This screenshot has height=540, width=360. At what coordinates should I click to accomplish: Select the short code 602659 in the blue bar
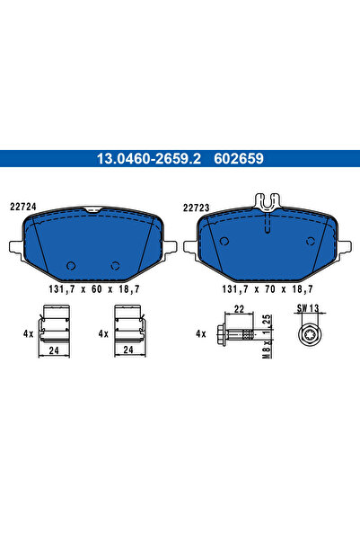(x=238, y=159)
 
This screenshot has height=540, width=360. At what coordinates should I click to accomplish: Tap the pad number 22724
(x=23, y=205)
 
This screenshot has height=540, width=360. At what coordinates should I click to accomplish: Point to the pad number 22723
(x=197, y=205)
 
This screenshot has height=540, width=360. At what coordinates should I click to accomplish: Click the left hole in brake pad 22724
(x=71, y=265)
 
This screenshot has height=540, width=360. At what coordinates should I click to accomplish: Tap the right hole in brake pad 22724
(x=114, y=265)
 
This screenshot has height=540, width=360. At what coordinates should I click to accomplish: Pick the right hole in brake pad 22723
(x=310, y=241)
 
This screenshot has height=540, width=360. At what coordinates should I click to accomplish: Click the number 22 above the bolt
(x=238, y=308)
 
